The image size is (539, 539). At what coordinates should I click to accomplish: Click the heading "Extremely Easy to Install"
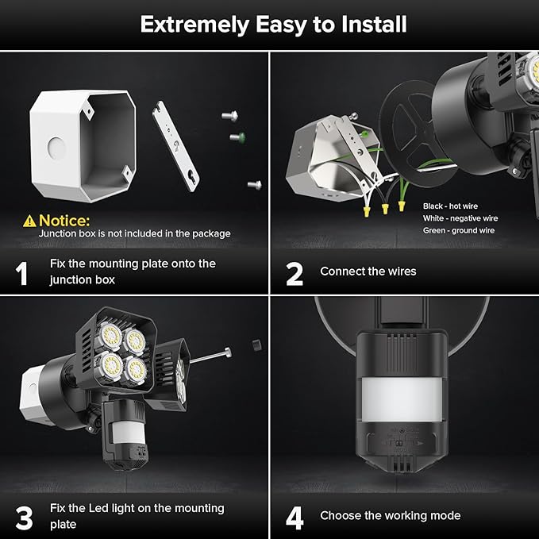click(x=273, y=24)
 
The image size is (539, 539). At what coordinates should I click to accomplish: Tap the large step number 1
click(x=22, y=272)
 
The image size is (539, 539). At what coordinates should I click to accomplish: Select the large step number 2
click(x=295, y=272)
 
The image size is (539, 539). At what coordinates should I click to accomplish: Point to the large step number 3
click(x=24, y=517)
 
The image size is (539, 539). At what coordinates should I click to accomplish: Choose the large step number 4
click(x=295, y=517)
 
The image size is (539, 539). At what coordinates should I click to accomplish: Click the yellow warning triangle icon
click(x=29, y=220)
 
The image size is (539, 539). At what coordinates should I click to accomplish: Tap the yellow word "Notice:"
click(x=64, y=220)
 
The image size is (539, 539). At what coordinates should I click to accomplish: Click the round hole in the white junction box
click(x=54, y=148)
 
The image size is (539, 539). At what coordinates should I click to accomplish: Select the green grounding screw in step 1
click(x=236, y=137)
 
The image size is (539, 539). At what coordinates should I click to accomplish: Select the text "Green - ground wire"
click(x=459, y=230)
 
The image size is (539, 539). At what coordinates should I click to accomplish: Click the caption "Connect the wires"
click(x=368, y=271)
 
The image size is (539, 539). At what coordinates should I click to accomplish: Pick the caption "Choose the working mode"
click(x=390, y=516)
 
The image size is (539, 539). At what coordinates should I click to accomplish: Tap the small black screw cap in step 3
click(x=256, y=345)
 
